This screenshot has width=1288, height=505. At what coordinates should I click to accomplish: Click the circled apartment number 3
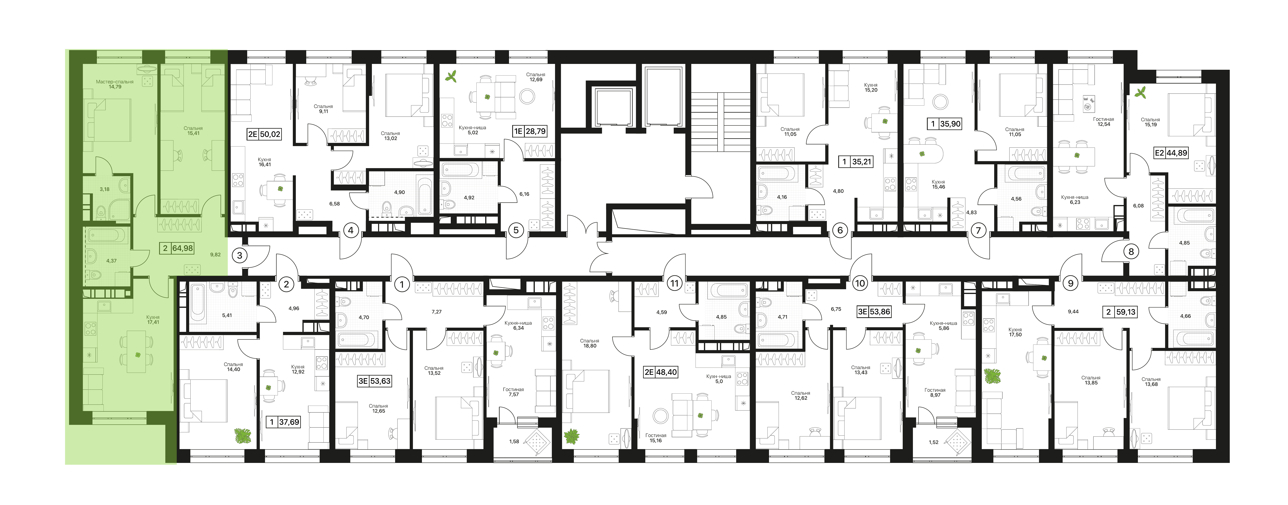pos(240,255)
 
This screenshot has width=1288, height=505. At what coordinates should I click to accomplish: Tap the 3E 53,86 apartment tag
pos(873,312)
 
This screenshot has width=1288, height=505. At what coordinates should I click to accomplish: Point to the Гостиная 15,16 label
pos(656,438)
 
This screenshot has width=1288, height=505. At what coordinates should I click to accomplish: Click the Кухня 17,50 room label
pos(1015,332)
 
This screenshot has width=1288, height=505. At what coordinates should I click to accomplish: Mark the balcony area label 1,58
pos(514,441)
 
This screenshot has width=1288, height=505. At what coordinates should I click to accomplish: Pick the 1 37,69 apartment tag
pos(284,422)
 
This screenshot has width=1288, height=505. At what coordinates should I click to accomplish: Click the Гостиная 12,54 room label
pos(1103,122)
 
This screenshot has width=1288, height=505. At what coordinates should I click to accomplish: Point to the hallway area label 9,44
pos(1073,311)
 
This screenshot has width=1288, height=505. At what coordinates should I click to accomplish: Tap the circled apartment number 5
pos(516,230)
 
